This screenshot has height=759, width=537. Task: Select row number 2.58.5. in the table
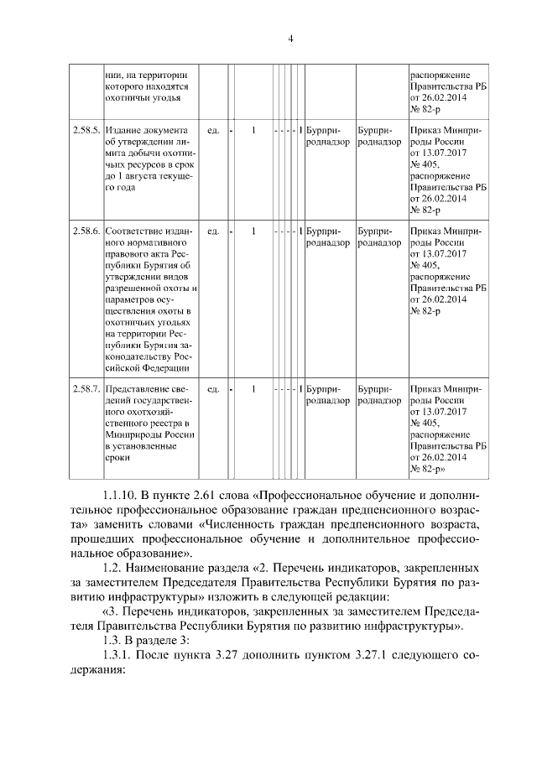pos(86,131)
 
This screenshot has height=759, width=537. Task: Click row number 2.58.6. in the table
pos(86,230)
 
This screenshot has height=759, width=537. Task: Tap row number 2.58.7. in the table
pos(86,388)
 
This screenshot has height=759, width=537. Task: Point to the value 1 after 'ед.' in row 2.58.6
pos(253,230)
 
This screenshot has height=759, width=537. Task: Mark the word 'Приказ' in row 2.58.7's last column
pos(426,388)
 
